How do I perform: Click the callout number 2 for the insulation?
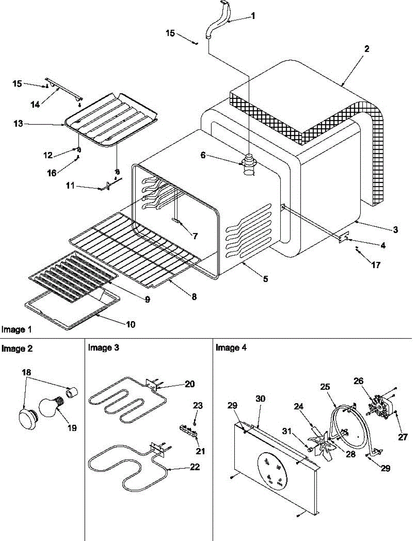coord(367,49)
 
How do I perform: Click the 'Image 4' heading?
coord(231,348)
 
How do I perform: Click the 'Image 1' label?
coord(17,330)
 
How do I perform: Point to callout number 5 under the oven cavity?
coord(265,279)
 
